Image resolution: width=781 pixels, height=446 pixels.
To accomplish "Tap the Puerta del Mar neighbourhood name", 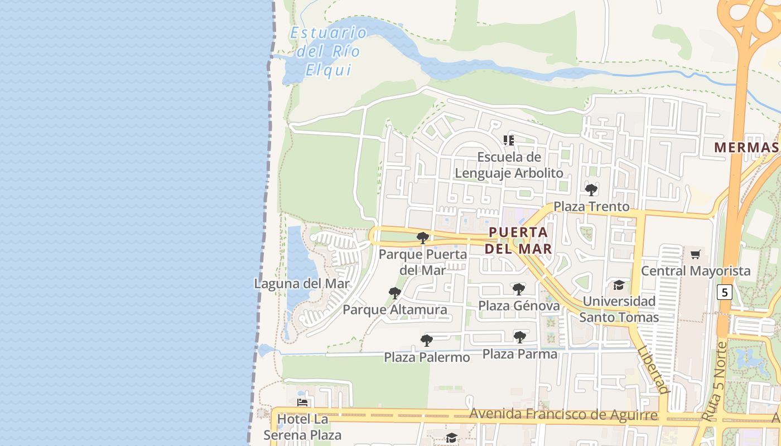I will click(518, 240).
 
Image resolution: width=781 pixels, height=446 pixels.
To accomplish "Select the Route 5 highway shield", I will click(724, 292).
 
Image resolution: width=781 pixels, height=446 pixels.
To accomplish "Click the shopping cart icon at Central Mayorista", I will click(695, 255).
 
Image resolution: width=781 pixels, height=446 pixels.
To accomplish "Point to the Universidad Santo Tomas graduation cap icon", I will click(619, 285).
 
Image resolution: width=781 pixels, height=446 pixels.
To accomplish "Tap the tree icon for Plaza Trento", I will click(591, 190).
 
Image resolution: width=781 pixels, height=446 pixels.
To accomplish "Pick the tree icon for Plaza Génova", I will click(519, 289).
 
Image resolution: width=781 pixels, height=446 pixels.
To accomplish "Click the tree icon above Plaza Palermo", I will click(427, 340).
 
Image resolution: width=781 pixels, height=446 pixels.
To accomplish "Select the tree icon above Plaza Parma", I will click(520, 337).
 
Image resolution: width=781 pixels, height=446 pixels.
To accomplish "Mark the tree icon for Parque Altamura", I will click(395, 293).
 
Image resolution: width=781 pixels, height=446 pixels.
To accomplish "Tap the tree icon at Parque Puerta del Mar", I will click(423, 238).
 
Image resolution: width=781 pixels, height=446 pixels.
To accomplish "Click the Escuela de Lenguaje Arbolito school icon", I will click(508, 140).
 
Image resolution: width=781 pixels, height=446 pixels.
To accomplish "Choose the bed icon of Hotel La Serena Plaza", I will click(302, 402).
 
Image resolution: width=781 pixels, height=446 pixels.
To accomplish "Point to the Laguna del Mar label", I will click(302, 283).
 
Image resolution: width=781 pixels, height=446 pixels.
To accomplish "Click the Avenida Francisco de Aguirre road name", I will click(563, 415).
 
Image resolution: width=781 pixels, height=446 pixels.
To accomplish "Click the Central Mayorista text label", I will click(696, 271).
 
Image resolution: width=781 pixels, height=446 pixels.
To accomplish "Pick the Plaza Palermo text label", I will click(427, 357).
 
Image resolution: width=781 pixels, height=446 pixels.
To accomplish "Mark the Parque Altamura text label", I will click(395, 309).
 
